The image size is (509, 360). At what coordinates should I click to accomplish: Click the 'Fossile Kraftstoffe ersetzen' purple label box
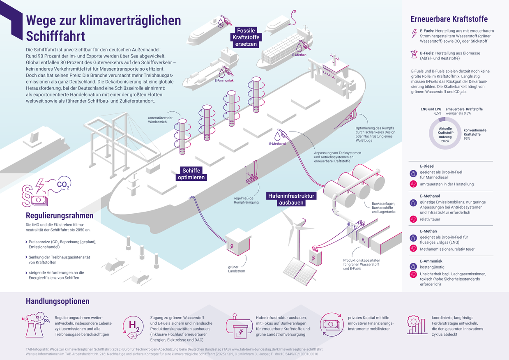[x=246, y=37]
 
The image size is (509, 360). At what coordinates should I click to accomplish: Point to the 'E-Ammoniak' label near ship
[x=224, y=81]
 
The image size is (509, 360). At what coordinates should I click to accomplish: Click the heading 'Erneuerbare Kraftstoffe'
[x=449, y=19]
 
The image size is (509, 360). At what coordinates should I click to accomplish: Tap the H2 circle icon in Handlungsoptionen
[x=134, y=325]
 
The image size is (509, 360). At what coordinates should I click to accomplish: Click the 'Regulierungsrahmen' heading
[x=60, y=216]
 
